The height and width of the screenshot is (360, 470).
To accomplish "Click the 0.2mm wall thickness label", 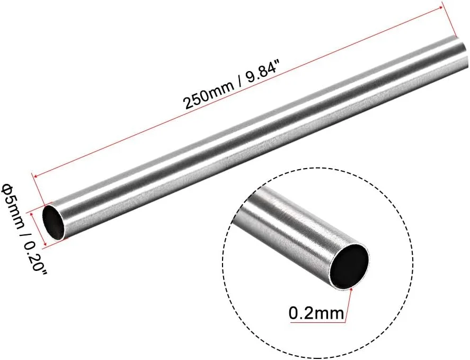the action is coord(316,313).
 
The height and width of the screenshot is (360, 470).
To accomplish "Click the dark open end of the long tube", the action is coord(54,223).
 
